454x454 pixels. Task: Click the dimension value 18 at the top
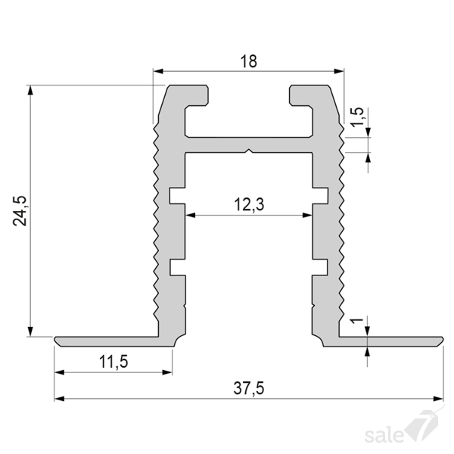point(249,61)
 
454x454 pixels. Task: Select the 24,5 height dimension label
point(20,211)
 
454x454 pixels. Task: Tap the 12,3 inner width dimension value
point(249,204)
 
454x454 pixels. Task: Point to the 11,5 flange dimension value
point(113,362)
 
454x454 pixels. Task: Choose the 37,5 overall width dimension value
point(249,388)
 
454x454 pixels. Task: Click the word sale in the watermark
point(384,434)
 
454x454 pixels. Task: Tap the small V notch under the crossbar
point(249,151)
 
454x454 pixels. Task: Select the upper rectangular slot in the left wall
point(177,196)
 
